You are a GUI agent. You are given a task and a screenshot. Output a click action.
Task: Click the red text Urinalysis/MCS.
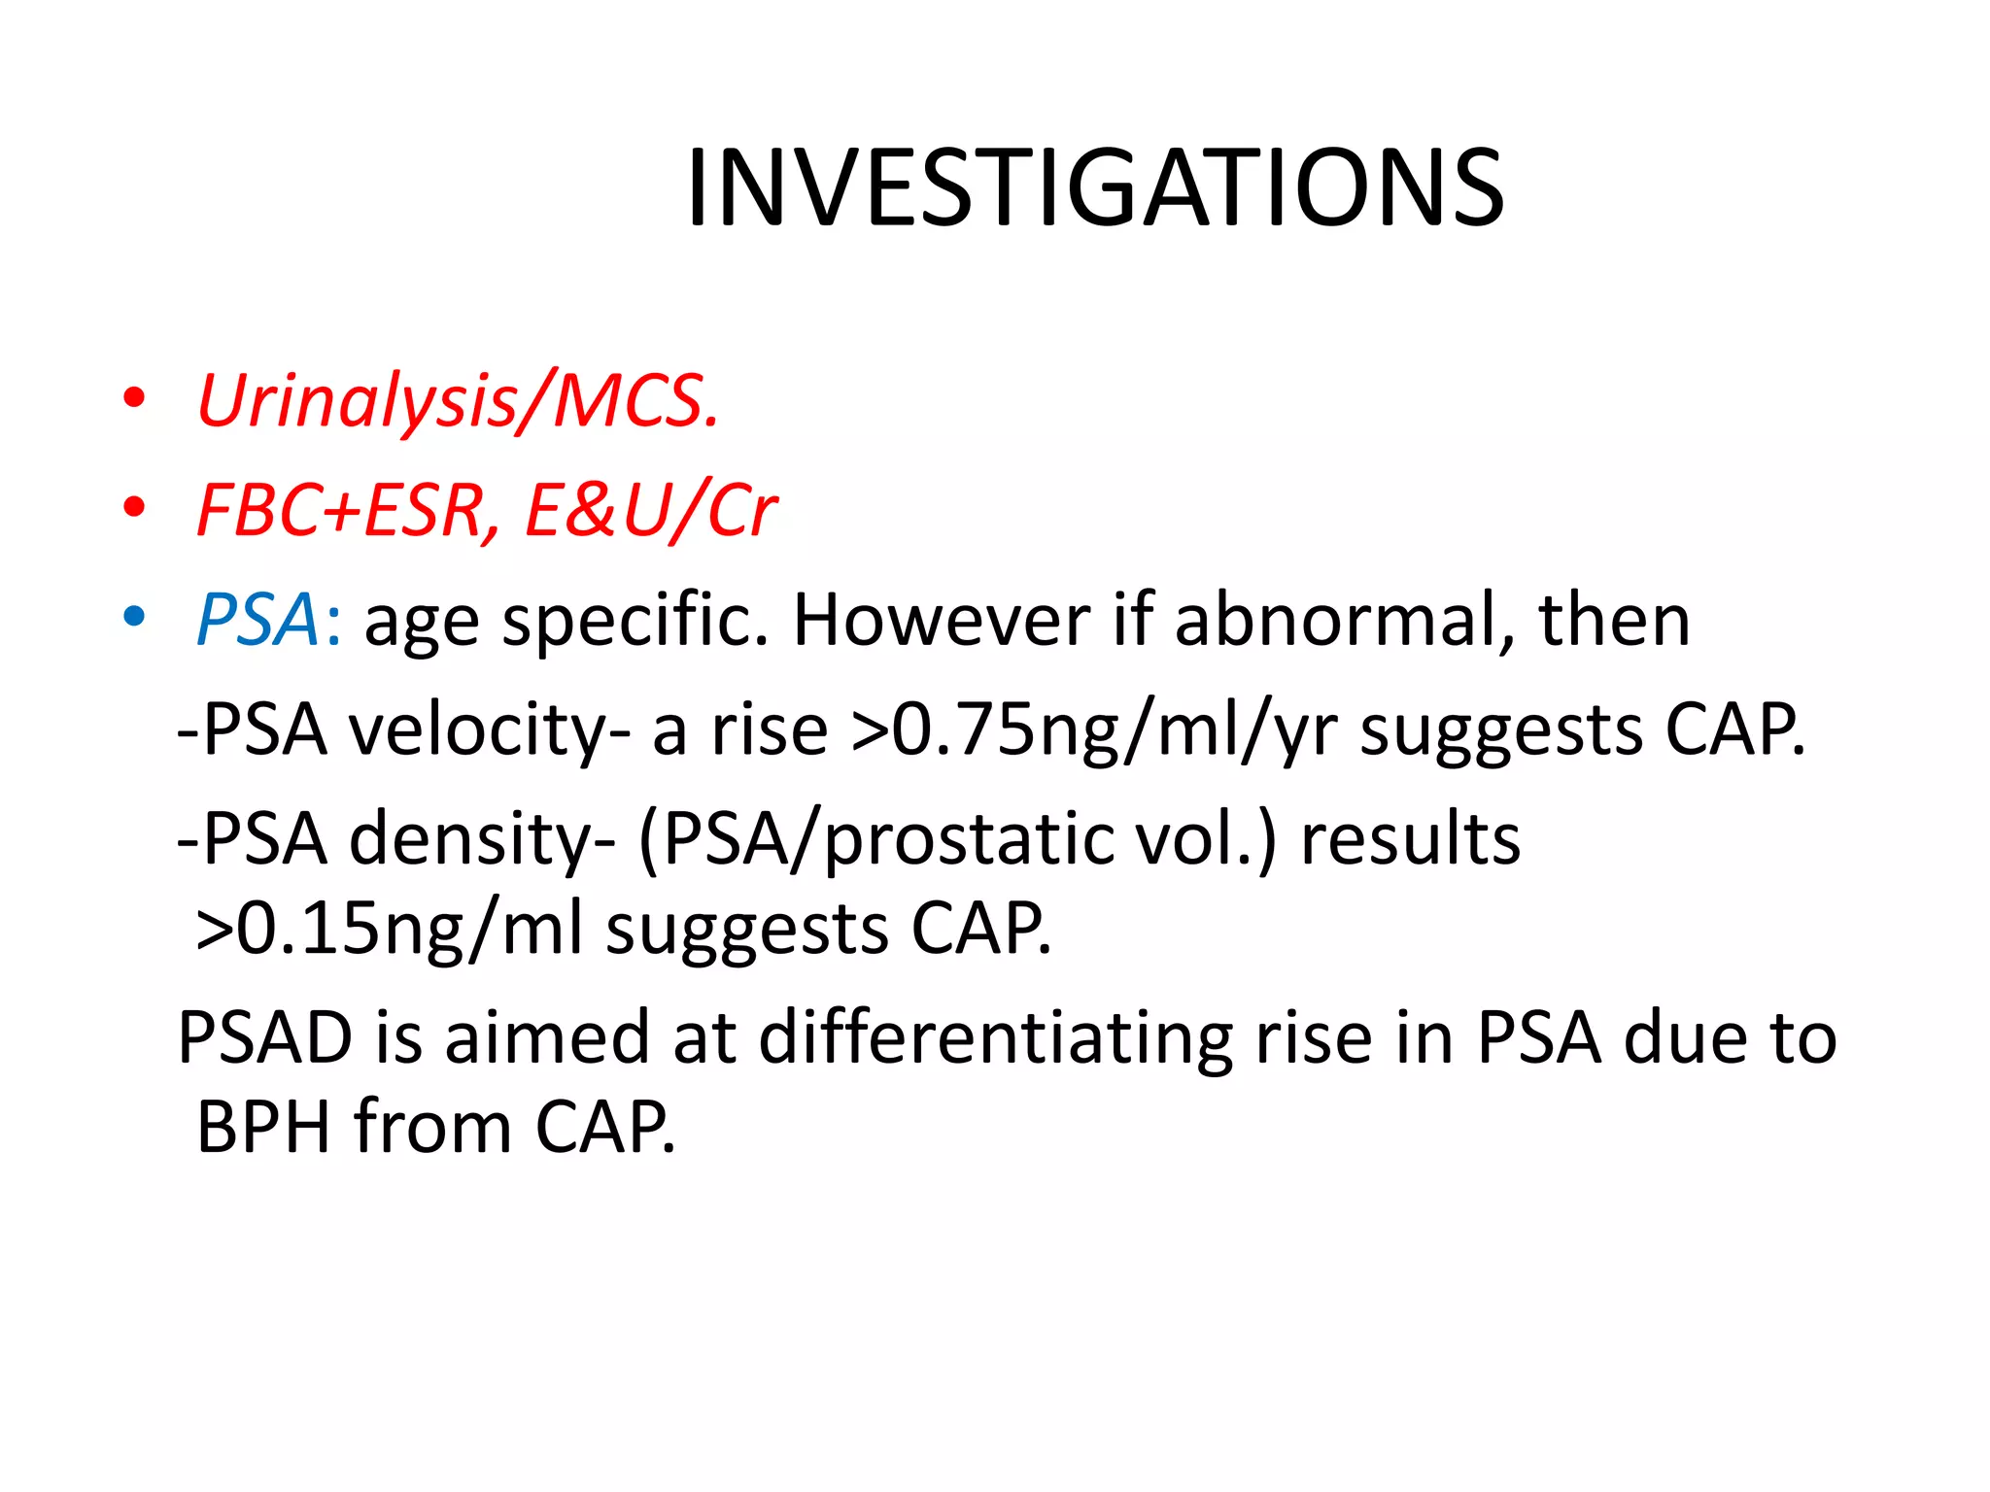pos(458,401)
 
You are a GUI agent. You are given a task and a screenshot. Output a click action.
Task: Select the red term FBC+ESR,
pos(347,511)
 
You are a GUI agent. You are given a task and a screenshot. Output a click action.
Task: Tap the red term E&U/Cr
pos(650,511)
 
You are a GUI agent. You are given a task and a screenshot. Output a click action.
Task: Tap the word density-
pos(482,838)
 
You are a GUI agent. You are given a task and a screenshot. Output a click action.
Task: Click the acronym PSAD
pos(265,1037)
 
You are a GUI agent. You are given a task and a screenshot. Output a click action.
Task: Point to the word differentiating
pos(996,1037)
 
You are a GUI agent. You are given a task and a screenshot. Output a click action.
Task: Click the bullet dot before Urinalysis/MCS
pos(134,398)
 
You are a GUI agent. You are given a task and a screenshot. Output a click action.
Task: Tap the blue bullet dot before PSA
pos(134,616)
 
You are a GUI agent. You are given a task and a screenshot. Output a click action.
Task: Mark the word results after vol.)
pos(1410,838)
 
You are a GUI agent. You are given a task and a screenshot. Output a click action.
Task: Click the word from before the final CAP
pos(432,1127)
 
